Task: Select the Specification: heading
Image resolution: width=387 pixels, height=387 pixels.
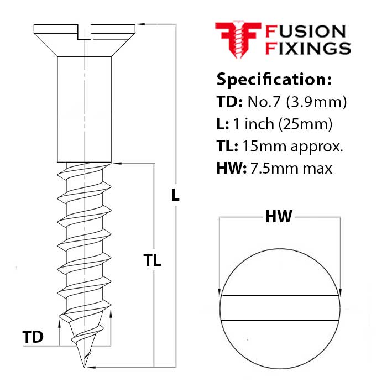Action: (274, 79)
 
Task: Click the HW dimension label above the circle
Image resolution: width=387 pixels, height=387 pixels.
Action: (279, 217)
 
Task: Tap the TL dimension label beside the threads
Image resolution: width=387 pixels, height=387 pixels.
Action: (152, 260)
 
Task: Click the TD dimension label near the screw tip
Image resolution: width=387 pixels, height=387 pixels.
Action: (33, 337)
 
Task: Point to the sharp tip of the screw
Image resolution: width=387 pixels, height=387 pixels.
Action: (85, 365)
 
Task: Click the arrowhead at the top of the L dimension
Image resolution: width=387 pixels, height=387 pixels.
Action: (140, 24)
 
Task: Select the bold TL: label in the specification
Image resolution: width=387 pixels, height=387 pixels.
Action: (227, 147)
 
